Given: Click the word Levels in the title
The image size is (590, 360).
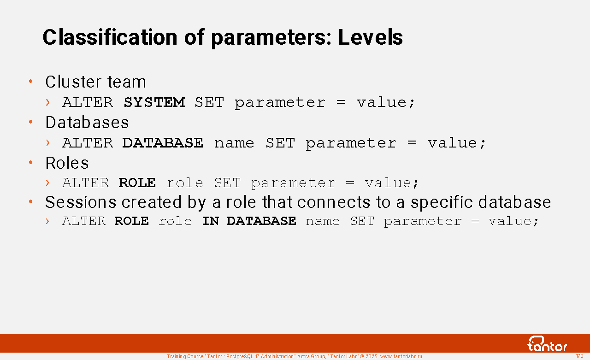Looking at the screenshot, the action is [x=370, y=37].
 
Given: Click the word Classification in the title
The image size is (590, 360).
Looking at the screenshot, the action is [x=110, y=37].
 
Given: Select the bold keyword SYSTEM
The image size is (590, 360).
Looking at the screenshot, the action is [x=154, y=102].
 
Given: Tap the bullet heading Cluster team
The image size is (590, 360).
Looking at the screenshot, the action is [x=95, y=82].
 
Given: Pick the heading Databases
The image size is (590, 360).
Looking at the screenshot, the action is [x=87, y=122].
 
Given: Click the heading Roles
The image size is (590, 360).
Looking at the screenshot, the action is [x=67, y=163].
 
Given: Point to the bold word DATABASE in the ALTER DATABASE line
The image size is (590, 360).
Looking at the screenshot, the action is [x=163, y=143].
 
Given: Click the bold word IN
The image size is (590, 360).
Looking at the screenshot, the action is [x=211, y=221].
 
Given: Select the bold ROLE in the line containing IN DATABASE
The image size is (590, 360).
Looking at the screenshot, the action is [x=131, y=221].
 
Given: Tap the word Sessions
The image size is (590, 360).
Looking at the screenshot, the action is [x=81, y=202].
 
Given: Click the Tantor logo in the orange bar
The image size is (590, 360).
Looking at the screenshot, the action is [x=547, y=344].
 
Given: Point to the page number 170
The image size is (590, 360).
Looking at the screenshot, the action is [x=579, y=356].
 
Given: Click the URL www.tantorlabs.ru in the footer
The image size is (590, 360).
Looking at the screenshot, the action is [x=401, y=356].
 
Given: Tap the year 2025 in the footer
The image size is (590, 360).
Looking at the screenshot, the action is [x=372, y=356].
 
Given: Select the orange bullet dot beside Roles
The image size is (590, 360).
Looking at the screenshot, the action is [x=31, y=163].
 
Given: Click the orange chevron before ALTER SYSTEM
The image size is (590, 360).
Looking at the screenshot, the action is [x=47, y=102].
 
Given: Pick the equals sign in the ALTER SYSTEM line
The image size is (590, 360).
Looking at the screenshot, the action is [x=341, y=102].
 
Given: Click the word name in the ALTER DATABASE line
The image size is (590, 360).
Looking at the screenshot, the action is [x=234, y=143].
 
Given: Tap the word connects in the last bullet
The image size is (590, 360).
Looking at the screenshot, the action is [x=334, y=202].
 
